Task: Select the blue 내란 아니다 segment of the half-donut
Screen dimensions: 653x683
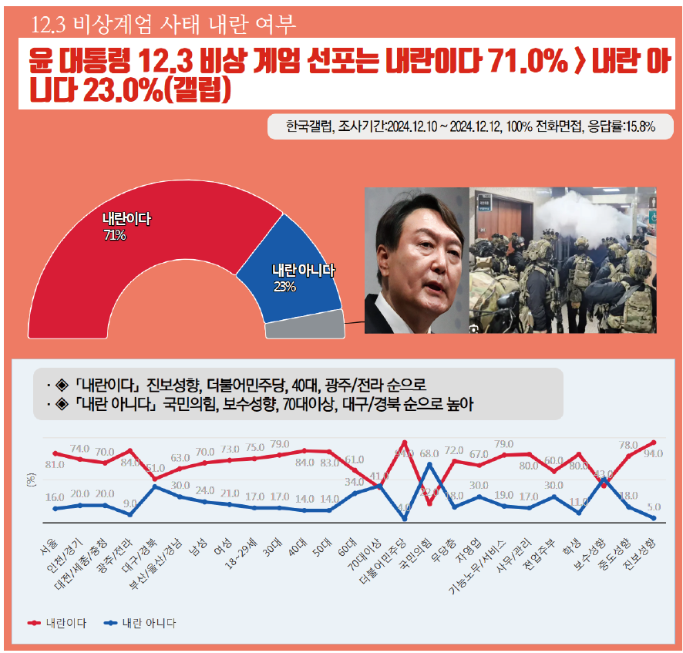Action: (x=293, y=278)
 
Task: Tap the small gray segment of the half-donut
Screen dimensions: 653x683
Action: (x=304, y=327)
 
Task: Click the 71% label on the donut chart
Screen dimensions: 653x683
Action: (x=114, y=235)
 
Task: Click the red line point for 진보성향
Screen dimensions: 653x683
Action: (x=654, y=443)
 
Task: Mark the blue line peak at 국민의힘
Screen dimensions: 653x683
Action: (x=429, y=464)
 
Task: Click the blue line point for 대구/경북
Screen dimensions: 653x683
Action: (x=155, y=486)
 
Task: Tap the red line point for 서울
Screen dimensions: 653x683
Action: (x=55, y=453)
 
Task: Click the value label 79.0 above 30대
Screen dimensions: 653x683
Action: (x=280, y=444)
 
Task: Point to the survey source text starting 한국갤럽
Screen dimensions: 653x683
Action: (x=470, y=126)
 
